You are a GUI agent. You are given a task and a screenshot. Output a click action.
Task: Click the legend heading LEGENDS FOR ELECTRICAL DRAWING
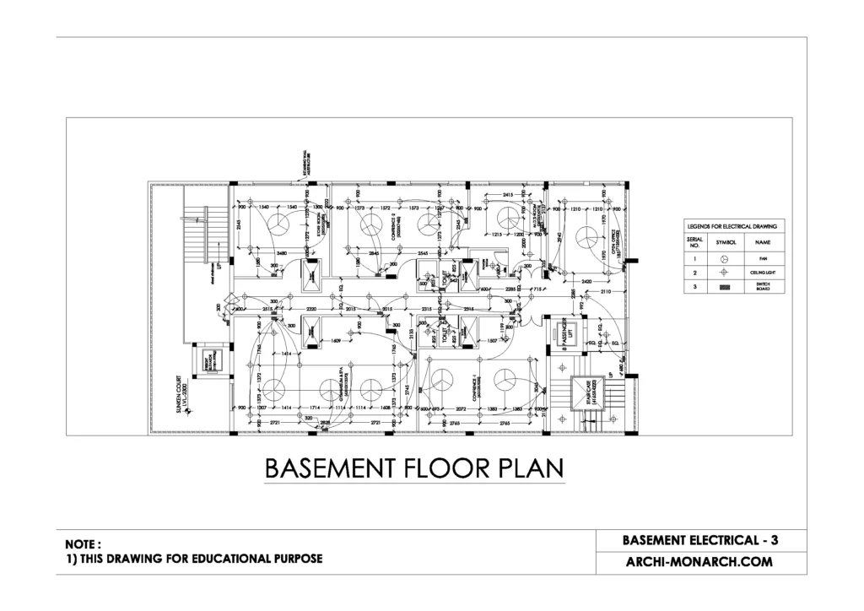pyautogui.click(x=732, y=226)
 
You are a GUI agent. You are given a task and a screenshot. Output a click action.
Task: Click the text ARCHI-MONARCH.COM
pyautogui.click(x=699, y=560)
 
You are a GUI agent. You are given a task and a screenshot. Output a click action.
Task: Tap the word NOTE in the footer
pyautogui.click(x=83, y=544)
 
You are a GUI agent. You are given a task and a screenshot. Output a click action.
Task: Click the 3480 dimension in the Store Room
pyautogui.click(x=282, y=252)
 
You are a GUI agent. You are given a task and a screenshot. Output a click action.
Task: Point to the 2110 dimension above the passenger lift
pyautogui.click(x=607, y=291)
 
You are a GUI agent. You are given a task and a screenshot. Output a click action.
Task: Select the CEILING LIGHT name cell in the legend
pyautogui.click(x=763, y=273)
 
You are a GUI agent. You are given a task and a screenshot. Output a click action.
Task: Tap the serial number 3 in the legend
pyautogui.click(x=694, y=288)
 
